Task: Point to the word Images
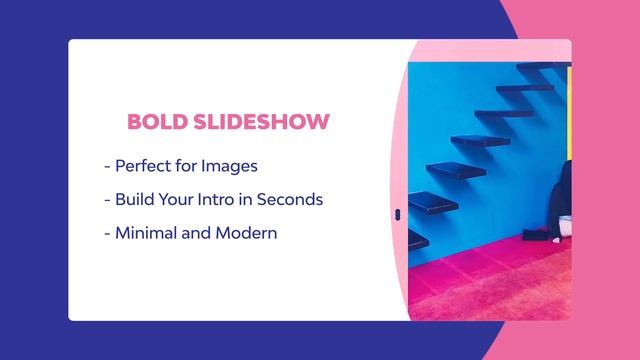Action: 232,165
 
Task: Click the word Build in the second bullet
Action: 135,199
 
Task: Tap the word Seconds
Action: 289,199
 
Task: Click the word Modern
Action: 247,233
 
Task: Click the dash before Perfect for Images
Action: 107,166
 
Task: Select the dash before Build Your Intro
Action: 107,200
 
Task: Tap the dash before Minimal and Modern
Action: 107,234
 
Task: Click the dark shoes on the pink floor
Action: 536,236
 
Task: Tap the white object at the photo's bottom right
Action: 565,225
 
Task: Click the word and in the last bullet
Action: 201,233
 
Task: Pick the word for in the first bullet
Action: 190,165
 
